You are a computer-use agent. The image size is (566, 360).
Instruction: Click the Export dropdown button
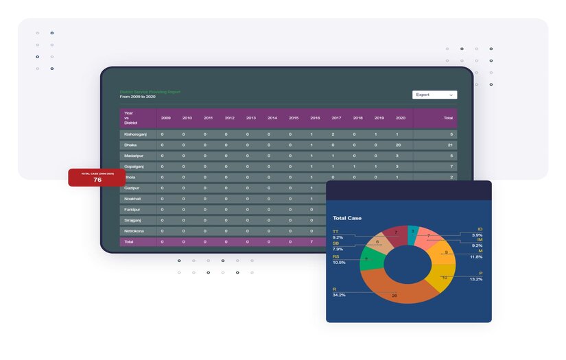pyautogui.click(x=434, y=95)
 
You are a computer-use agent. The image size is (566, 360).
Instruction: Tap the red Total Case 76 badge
pyautogui.click(x=97, y=178)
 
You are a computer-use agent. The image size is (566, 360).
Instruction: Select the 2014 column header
pyautogui.click(x=272, y=118)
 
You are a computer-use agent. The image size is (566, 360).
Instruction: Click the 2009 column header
pyautogui.click(x=165, y=118)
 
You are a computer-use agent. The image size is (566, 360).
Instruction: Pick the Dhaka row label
pyautogui.click(x=130, y=145)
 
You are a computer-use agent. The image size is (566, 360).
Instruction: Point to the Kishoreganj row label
pyautogui.click(x=135, y=134)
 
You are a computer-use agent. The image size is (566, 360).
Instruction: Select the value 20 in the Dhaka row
pyautogui.click(x=398, y=145)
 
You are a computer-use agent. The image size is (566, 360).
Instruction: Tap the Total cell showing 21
pyautogui.click(x=449, y=145)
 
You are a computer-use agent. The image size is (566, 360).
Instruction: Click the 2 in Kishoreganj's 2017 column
pyautogui.click(x=333, y=134)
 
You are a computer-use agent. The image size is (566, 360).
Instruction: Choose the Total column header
pyautogui.click(x=448, y=118)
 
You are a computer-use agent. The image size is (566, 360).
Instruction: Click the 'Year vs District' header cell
pyautogui.click(x=131, y=118)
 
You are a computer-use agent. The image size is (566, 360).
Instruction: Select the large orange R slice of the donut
pyautogui.click(x=392, y=293)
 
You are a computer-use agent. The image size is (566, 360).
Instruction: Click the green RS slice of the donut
pyautogui.click(x=368, y=259)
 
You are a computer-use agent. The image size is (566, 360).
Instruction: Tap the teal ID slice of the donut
pyautogui.click(x=413, y=232)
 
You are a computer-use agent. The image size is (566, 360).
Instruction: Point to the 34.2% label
pyautogui.click(x=339, y=295)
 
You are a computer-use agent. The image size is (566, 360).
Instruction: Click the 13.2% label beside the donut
pyautogui.click(x=475, y=280)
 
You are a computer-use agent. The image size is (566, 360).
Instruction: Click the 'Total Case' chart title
pyautogui.click(x=347, y=218)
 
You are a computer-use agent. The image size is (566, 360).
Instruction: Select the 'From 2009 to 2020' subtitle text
pyautogui.click(x=138, y=97)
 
